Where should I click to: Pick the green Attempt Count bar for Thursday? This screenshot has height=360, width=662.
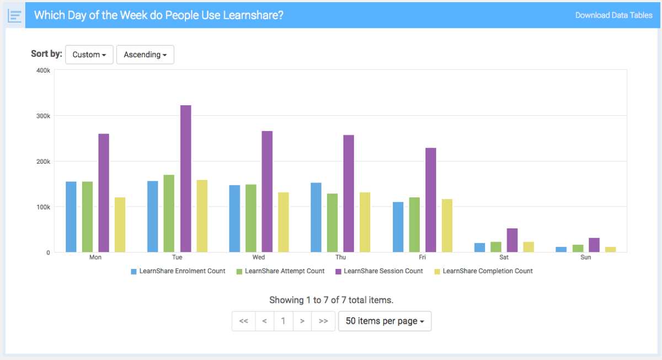coord(332,223)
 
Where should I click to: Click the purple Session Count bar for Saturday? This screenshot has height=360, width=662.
coord(512,240)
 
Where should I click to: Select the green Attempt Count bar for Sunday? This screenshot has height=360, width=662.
coord(578,249)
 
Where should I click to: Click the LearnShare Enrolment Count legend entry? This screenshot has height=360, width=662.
coord(178,271)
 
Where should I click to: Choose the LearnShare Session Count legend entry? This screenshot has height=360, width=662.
coord(379,271)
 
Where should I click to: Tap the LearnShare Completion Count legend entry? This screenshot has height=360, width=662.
coord(483,271)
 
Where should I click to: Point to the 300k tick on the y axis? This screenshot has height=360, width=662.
coord(44,116)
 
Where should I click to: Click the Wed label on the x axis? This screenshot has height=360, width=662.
coord(259,257)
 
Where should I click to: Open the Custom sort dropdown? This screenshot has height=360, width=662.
coord(89,55)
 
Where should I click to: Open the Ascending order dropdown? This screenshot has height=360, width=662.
coord(145,55)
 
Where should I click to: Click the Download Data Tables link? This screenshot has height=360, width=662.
coord(613,15)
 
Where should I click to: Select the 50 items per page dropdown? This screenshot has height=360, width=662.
coord(385,321)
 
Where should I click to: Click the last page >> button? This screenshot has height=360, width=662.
coord(323,321)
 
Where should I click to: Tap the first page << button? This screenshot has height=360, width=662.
coord(244,321)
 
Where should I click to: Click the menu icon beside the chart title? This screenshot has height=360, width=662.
coord(15,16)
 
